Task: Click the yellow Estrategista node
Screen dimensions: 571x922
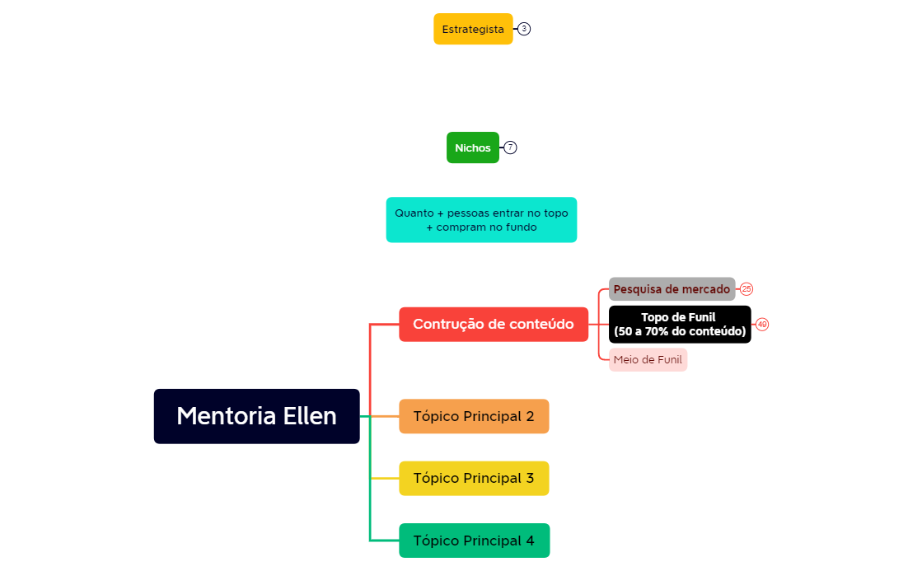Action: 473,29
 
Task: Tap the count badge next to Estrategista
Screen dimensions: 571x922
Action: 524,29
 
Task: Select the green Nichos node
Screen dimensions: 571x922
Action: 473,147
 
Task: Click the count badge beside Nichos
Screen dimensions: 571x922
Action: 511,147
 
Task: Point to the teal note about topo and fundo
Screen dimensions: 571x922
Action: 481,220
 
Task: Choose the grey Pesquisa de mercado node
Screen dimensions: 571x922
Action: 672,289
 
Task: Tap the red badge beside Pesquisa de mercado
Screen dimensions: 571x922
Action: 746,289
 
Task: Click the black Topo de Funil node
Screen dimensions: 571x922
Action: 680,325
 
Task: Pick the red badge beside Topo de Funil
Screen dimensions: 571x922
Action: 762,325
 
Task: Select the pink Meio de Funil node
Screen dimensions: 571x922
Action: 648,360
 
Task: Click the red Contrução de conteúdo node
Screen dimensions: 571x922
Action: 493,325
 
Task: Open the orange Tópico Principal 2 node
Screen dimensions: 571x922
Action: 474,416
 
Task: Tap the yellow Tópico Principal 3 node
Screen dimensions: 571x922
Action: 474,479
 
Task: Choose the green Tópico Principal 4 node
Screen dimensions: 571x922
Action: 474,541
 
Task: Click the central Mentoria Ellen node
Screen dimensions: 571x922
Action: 256,416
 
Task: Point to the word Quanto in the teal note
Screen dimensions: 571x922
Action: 414,213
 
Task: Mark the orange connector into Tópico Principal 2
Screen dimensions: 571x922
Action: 385,416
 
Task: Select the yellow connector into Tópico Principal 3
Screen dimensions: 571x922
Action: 385,479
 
